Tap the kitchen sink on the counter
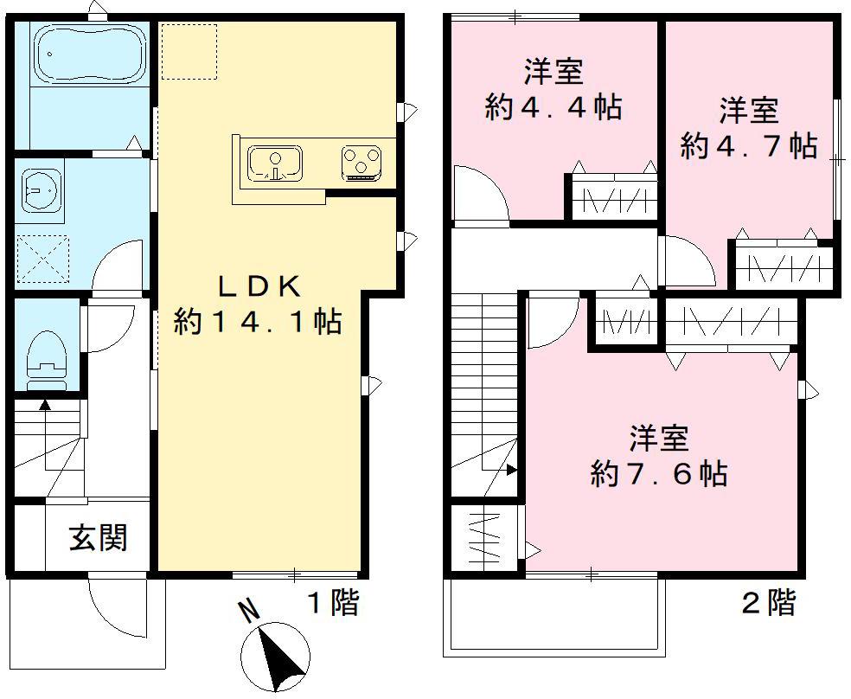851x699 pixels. click(276, 162)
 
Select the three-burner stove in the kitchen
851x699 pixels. click(362, 162)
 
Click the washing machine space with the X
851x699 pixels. click(41, 258)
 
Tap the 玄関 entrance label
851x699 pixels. click(98, 537)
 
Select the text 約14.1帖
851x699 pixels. click(257, 322)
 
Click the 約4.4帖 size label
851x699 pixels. click(553, 107)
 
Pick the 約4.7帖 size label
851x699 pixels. click(748, 145)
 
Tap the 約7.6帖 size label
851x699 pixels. click(658, 473)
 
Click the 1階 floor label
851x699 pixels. click(333, 602)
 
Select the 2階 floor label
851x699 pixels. click(769, 602)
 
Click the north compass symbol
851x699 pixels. click(275, 658)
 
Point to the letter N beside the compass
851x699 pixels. click(248, 612)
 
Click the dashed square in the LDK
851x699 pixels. click(188, 52)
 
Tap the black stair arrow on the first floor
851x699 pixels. click(43, 404)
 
